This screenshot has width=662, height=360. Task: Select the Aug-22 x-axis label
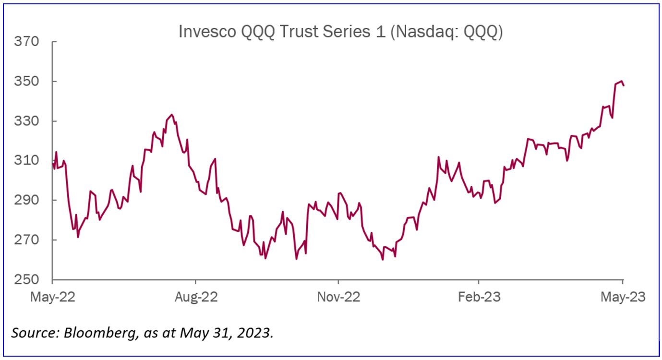[196, 297]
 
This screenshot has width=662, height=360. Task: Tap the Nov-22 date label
[338, 297]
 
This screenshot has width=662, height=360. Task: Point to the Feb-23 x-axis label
[479, 297]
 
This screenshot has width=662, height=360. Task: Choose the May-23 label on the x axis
[623, 297]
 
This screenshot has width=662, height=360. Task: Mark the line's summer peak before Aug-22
[172, 115]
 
